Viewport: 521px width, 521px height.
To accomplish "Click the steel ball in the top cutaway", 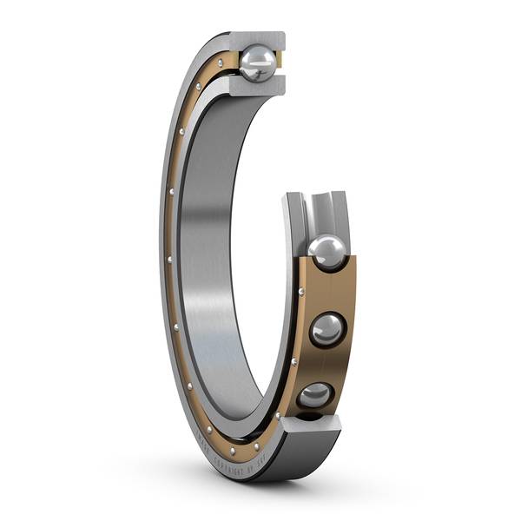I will click(258, 63).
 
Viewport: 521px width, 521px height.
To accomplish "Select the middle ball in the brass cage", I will click(328, 330).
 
